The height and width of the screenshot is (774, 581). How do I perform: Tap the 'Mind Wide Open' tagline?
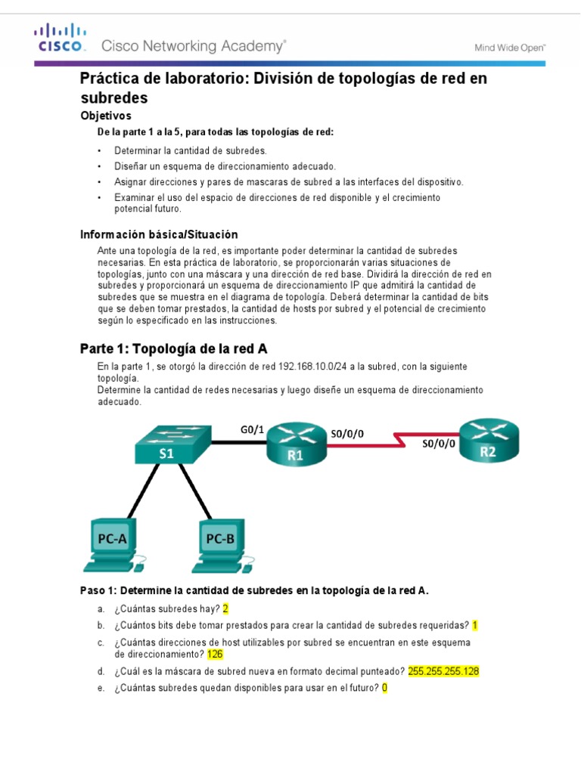509,47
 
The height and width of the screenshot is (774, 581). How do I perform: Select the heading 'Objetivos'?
106,116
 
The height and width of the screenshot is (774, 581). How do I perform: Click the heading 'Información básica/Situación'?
159,234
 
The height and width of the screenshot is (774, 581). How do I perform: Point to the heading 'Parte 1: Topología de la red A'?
173,348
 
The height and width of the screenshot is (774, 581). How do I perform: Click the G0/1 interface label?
252,429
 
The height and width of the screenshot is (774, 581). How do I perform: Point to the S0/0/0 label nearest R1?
347,433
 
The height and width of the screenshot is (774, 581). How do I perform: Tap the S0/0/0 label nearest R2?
439,444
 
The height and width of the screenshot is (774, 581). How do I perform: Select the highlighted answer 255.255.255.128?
443,670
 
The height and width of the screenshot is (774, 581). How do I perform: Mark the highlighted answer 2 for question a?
225,609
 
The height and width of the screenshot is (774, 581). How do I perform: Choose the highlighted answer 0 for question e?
384,688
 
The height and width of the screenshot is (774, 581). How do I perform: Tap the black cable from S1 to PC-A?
136,491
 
